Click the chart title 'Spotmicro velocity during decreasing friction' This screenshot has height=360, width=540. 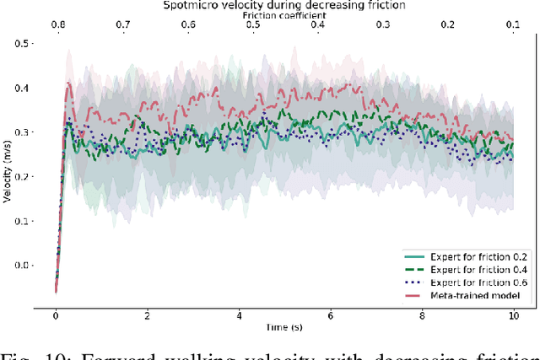[x=285, y=5]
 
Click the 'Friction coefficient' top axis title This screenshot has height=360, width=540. [x=285, y=15]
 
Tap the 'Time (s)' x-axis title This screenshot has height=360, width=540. [x=285, y=325]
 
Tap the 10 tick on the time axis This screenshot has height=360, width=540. [x=514, y=314]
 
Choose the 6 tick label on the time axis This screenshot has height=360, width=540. [x=331, y=314]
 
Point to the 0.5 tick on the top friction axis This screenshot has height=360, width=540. [x=252, y=25]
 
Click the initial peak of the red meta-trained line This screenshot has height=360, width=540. [x=69, y=83]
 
